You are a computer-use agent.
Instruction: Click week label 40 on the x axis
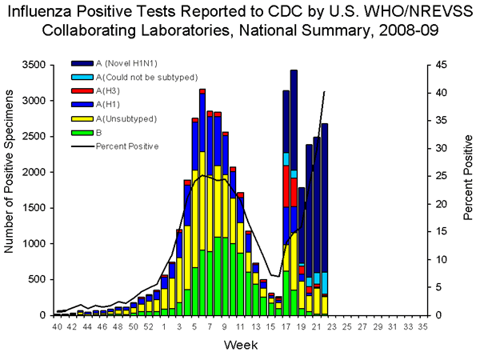click(57, 327)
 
